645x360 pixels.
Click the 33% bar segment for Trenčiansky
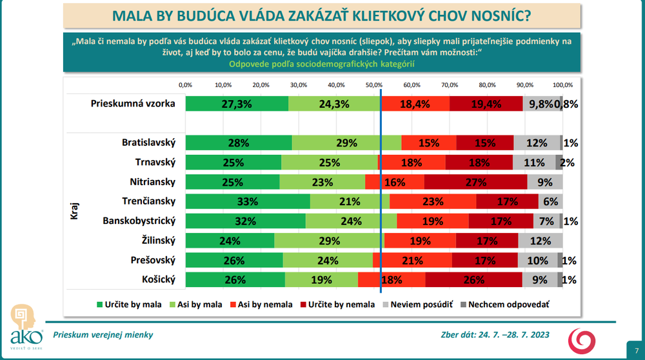tap(248, 202)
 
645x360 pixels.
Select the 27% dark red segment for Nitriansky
tap(475, 183)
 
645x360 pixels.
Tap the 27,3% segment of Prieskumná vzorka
tap(237, 103)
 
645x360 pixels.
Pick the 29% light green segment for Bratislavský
tap(346, 143)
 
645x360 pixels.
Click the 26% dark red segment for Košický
tap(473, 280)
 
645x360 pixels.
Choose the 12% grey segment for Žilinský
tap(541, 241)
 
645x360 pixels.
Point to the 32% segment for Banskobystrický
tap(245, 221)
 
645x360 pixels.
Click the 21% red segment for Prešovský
tap(412, 261)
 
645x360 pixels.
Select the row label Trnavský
tap(155, 163)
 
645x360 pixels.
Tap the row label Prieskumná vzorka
tap(134, 103)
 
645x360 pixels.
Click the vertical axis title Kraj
tap(74, 211)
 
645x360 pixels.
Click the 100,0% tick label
tap(562, 85)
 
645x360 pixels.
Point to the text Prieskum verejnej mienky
tap(103, 335)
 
